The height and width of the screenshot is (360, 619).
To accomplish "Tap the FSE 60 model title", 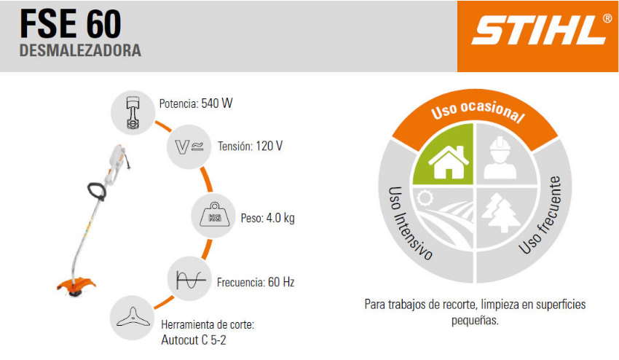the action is [x=71, y=24].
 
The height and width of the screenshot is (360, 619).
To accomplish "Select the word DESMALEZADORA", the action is [x=80, y=50].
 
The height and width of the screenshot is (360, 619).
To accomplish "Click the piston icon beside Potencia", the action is [x=133, y=112].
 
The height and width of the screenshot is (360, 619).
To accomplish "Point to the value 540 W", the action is [x=217, y=103].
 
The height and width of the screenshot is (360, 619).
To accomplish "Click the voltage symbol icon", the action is [x=189, y=146].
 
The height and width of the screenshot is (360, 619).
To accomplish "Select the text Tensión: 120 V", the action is [x=251, y=146].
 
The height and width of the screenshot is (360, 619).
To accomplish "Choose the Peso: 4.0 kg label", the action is [x=268, y=218].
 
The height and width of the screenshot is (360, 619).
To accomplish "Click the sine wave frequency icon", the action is [x=191, y=279].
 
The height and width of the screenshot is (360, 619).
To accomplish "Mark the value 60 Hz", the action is [x=281, y=282].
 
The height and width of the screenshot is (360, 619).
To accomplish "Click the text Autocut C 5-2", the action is [x=194, y=340].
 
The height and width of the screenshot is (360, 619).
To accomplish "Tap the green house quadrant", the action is [x=443, y=154].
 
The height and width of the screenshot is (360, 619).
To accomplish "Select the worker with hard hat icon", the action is [x=500, y=157].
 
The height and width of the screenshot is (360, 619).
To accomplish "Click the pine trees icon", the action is [x=500, y=213].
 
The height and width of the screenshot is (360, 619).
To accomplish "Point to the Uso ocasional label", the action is [x=478, y=111].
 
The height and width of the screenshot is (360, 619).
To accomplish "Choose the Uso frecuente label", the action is [x=540, y=216].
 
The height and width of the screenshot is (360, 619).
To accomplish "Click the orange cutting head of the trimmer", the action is [x=76, y=286].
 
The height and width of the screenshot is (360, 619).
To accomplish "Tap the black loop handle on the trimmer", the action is [x=97, y=191].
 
